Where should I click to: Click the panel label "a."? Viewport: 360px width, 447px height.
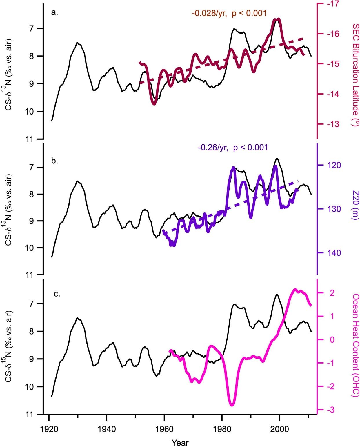click(x=54, y=12)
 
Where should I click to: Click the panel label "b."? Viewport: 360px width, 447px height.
click(x=54, y=161)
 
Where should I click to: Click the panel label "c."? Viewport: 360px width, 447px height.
click(x=57, y=294)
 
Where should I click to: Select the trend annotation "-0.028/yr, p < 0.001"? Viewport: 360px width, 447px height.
click(x=229, y=13)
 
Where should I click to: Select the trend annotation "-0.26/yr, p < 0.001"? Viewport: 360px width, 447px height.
click(x=233, y=148)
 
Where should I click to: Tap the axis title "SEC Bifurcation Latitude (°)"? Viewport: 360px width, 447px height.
click(x=355, y=75)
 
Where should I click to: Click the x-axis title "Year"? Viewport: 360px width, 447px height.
click(x=180, y=443)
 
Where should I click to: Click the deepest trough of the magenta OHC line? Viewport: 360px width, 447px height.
click(x=232, y=405)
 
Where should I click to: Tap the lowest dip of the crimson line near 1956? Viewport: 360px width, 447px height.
click(x=154, y=104)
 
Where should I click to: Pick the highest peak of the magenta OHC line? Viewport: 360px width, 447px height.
click(x=295, y=289)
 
